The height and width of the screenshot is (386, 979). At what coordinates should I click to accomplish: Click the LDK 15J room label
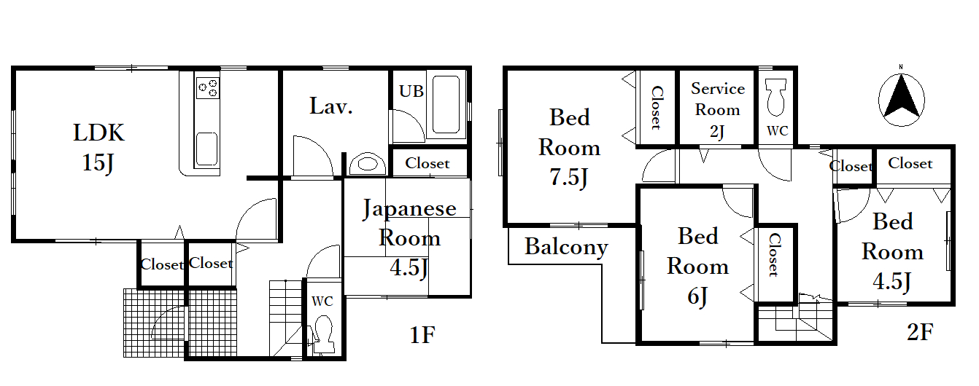click(x=98, y=147)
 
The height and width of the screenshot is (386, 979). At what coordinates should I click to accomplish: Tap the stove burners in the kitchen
click(x=208, y=87)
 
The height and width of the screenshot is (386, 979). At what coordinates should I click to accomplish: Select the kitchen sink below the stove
click(x=206, y=149)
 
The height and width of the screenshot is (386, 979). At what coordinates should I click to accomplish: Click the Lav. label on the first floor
click(x=331, y=106)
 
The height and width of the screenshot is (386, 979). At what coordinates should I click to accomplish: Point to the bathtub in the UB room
click(x=446, y=105)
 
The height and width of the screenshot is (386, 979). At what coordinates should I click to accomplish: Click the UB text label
click(x=411, y=91)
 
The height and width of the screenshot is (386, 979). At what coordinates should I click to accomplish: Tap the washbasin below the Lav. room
click(x=368, y=164)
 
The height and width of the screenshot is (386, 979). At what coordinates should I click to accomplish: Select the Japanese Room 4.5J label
click(x=409, y=237)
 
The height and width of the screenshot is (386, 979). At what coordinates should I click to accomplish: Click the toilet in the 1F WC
click(x=323, y=334)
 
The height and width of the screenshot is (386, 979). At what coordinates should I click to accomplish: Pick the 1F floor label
click(x=422, y=335)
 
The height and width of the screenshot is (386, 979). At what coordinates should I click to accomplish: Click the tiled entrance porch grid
click(x=180, y=323)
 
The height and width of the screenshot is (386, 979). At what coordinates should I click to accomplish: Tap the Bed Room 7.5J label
click(x=569, y=147)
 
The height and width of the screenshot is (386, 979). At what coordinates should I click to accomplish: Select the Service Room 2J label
click(x=718, y=110)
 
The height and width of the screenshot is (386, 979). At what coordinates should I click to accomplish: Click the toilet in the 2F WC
click(x=775, y=98)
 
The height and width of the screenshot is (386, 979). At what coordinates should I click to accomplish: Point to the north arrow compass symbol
click(x=902, y=100)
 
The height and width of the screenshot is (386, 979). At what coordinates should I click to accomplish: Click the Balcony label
click(x=566, y=247)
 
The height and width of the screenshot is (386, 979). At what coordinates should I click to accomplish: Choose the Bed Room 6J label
click(x=698, y=266)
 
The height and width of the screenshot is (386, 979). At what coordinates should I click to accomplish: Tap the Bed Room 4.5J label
click(x=892, y=252)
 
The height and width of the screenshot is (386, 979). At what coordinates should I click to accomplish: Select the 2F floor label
click(x=920, y=332)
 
